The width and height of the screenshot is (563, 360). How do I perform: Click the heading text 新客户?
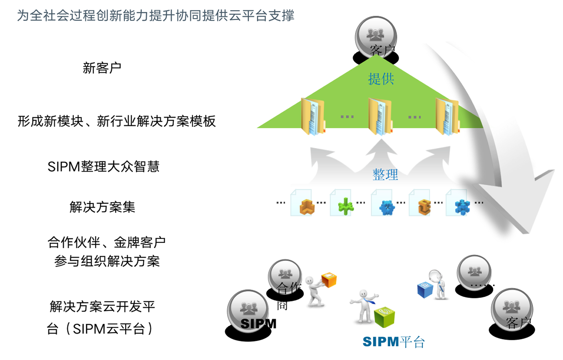pyautogui.click(x=102, y=68)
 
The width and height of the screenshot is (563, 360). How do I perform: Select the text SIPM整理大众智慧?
pyautogui.click(x=103, y=167)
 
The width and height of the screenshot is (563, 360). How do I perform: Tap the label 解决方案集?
pyautogui.click(x=102, y=207)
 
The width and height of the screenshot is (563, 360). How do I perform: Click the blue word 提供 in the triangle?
pyautogui.click(x=381, y=79)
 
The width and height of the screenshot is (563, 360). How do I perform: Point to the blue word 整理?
pyautogui.click(x=385, y=175)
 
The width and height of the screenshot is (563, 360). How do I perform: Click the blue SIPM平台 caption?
pyautogui.click(x=393, y=342)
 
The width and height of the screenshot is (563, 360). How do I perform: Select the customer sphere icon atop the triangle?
pyautogui.click(x=376, y=37)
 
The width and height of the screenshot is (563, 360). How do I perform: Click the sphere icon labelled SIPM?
pyautogui.click(x=248, y=311)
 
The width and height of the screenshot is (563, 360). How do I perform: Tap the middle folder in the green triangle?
pyautogui.click(x=380, y=116)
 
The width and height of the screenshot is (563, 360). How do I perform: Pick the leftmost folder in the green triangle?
pyautogui.click(x=312, y=116)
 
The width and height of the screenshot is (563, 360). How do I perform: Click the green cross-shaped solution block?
pyautogui.click(x=346, y=207)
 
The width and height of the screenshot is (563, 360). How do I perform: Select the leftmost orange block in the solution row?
pyautogui.click(x=307, y=207)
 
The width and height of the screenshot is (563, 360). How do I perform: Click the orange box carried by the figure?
pyautogui.click(x=329, y=280)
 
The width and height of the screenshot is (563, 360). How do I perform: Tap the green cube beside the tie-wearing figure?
pyautogui.click(x=384, y=317)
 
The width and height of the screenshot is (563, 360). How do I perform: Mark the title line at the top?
pyautogui.click(x=155, y=16)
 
